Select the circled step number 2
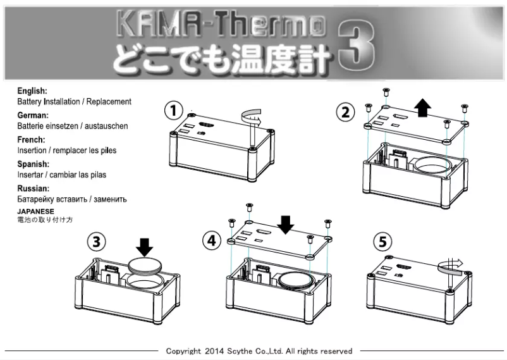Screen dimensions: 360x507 click(x=345, y=113)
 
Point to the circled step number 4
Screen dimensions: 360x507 click(x=211, y=240)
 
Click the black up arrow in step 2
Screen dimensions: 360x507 click(x=423, y=108)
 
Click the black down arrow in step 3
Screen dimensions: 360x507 click(x=145, y=246)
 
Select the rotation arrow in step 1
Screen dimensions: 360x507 click(x=252, y=117)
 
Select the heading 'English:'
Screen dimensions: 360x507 click(x=32, y=91)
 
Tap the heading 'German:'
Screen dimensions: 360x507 click(x=33, y=116)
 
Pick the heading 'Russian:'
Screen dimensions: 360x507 click(x=33, y=189)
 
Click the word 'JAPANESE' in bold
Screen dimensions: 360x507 click(x=35, y=211)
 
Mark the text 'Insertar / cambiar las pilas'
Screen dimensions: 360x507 click(x=61, y=175)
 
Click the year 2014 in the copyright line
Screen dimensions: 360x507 click(x=214, y=351)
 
